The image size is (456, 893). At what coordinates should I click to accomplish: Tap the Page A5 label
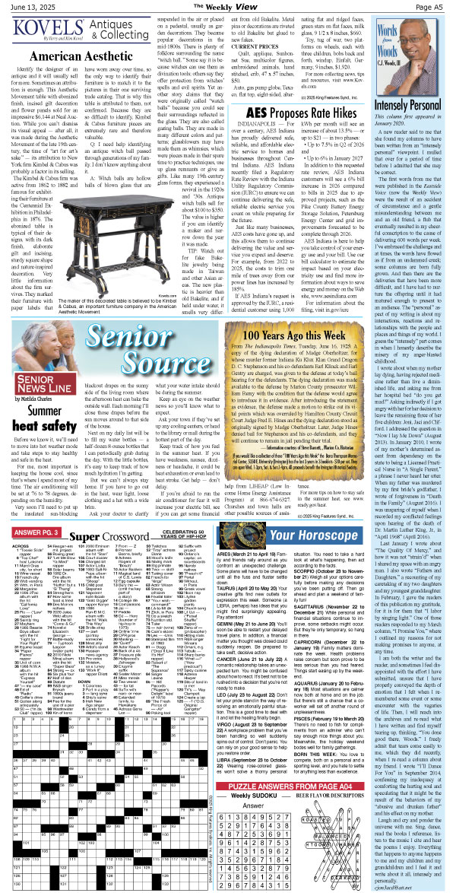click(x=435, y=8)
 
